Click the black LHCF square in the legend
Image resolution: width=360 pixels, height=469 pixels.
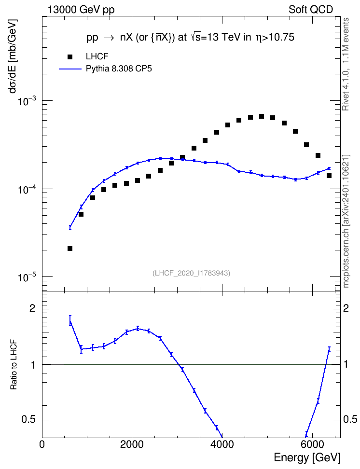(x=70, y=56)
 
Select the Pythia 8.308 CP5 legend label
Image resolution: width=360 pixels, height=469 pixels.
(x=119, y=69)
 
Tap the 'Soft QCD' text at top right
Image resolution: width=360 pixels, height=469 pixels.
(x=311, y=10)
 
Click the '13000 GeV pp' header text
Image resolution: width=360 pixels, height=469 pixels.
(x=81, y=10)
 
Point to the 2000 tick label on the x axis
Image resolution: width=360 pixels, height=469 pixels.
(x=132, y=444)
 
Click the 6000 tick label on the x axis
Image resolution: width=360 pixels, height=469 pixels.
(x=312, y=444)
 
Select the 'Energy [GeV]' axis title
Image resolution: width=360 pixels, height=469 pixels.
(x=307, y=457)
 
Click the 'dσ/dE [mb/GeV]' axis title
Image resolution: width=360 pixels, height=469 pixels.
(x=13, y=56)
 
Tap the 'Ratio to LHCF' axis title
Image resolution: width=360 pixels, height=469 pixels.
(x=14, y=365)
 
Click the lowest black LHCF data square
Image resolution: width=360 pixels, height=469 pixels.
(x=70, y=248)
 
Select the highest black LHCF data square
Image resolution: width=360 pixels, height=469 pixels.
(x=262, y=116)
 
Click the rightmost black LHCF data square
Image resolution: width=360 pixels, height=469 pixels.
(x=329, y=176)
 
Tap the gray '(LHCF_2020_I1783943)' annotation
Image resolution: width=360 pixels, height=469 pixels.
(x=192, y=273)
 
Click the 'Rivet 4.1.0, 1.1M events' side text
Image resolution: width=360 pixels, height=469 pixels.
(x=346, y=64)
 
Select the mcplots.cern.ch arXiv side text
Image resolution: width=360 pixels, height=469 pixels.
(x=346, y=221)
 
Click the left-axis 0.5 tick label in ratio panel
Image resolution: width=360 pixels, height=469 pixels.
(x=29, y=420)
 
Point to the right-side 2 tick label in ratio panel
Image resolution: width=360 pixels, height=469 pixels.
(x=346, y=308)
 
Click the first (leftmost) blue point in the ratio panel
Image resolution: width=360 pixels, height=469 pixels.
(x=70, y=322)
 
